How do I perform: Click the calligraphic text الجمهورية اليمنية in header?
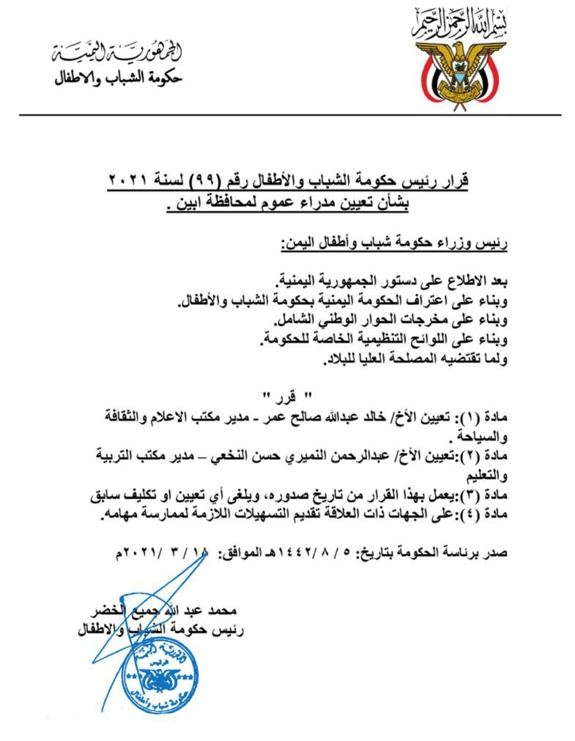[118, 52]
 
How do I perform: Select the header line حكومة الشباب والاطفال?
[119, 78]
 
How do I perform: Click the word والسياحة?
[482, 437]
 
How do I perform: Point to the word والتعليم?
[486, 476]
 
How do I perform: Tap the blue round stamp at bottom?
[160, 674]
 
